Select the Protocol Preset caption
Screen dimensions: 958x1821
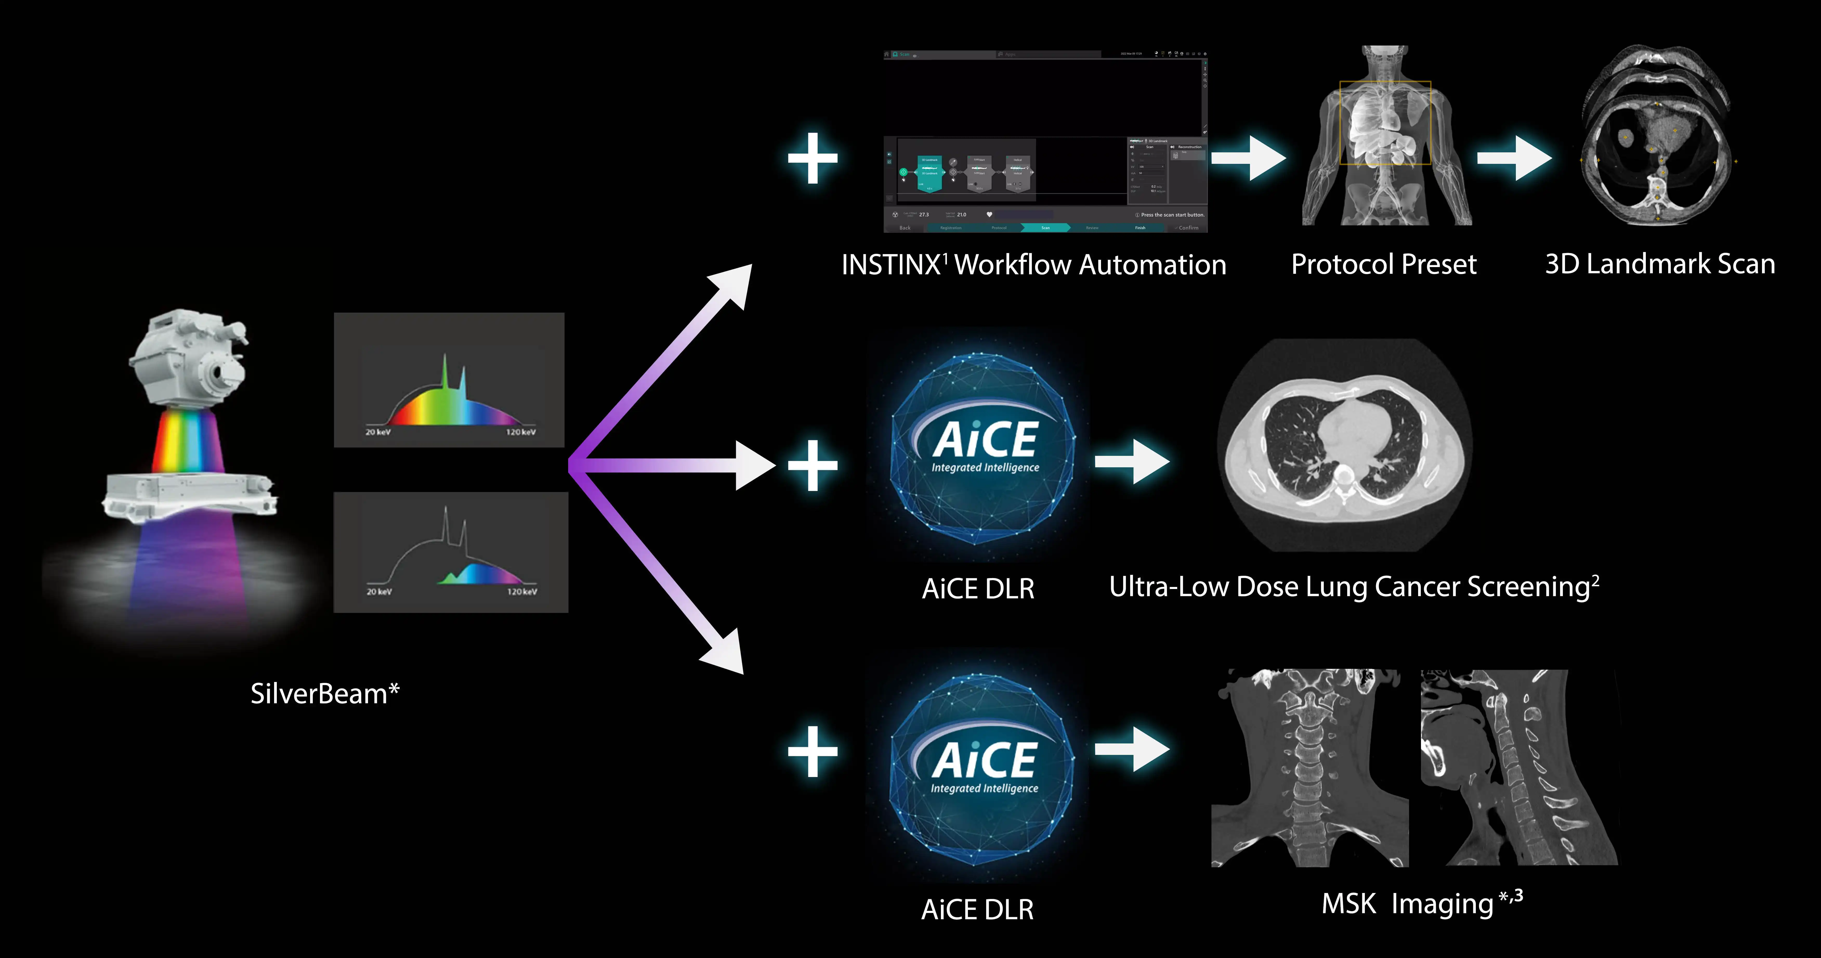1383,264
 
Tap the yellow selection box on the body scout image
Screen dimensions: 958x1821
1385,123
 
